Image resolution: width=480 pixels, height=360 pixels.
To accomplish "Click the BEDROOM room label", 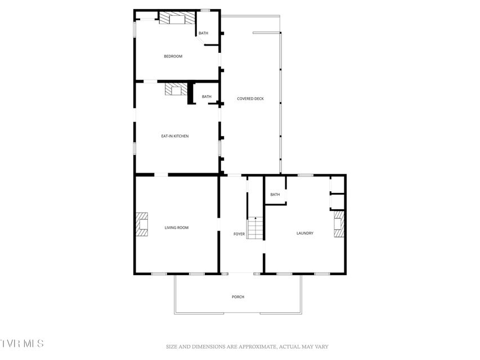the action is click(x=173, y=56).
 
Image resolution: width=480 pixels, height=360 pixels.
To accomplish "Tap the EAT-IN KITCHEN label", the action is click(x=175, y=136).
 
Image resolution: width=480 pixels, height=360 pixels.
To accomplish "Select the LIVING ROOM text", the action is click(x=177, y=227).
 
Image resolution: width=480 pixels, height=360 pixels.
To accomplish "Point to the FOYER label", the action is click(x=239, y=234).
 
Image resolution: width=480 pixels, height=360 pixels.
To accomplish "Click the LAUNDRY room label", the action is click(x=305, y=233).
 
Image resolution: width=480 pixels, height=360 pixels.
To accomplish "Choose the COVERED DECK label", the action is click(x=250, y=98).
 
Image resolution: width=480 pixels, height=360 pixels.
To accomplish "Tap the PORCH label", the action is click(x=238, y=296).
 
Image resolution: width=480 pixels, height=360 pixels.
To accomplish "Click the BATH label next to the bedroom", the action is click(x=203, y=33).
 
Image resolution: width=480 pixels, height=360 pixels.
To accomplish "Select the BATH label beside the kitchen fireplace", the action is click(x=207, y=96).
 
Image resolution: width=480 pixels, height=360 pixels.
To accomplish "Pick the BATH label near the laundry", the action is click(x=275, y=195).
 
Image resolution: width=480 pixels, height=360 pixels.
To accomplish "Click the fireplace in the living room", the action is click(x=142, y=224).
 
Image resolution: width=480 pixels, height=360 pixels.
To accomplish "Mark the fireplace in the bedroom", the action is click(x=177, y=18).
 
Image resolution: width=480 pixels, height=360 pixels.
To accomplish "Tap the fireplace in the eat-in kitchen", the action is click(x=176, y=89).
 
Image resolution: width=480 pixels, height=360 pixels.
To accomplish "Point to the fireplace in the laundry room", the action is click(x=339, y=224).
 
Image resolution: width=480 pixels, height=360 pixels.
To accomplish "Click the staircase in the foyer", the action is click(x=255, y=228).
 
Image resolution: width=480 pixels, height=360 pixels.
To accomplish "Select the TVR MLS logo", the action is click(x=21, y=343).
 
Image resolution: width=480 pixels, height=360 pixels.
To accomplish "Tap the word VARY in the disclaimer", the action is click(x=321, y=347).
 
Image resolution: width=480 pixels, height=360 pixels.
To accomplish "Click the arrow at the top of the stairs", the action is click(x=255, y=218).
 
